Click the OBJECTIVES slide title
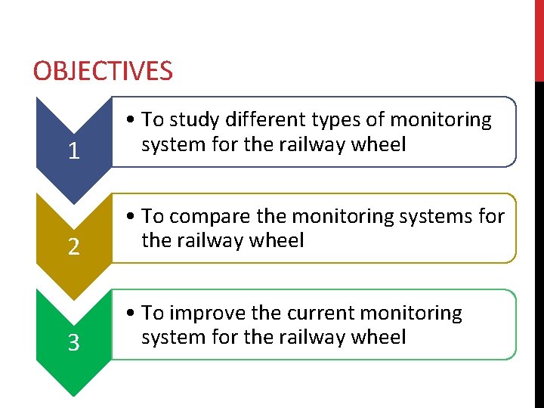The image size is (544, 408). pyautogui.click(x=103, y=71)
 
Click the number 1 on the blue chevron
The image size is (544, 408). pyautogui.click(x=73, y=151)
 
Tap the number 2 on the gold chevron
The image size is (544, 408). pyautogui.click(x=73, y=247)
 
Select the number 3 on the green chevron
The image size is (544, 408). pyautogui.click(x=73, y=344)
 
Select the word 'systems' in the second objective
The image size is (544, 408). pyautogui.click(x=438, y=217)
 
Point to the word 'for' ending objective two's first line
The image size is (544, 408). pyautogui.click(x=490, y=217)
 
